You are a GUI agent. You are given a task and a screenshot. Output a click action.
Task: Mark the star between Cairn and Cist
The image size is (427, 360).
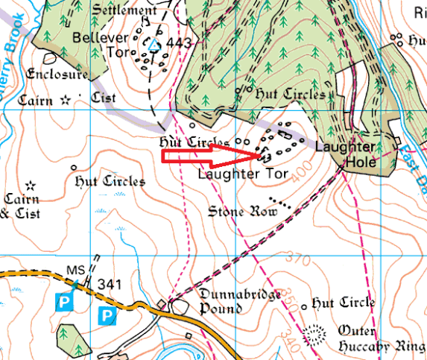[66, 98]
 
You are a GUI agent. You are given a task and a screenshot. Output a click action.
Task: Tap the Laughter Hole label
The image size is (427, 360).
[344, 154]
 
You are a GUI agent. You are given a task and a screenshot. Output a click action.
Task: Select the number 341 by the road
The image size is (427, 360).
[109, 283]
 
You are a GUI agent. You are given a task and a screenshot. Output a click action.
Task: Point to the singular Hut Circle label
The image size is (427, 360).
[344, 303]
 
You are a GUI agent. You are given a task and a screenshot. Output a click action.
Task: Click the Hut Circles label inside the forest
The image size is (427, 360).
[290, 95]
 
